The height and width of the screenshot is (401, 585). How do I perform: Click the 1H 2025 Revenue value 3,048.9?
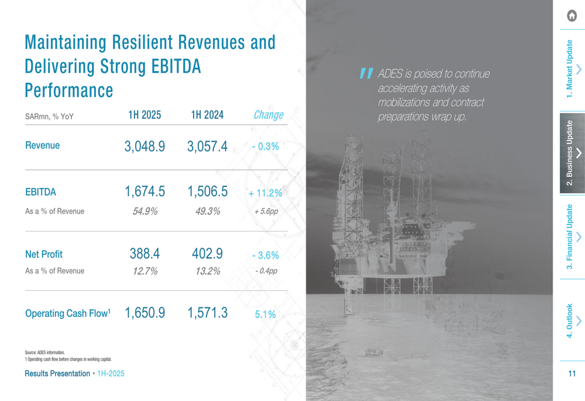click(144, 146)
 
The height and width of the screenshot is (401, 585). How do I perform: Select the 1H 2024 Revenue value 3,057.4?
click(207, 146)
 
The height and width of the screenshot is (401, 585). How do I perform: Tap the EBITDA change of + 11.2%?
click(265, 193)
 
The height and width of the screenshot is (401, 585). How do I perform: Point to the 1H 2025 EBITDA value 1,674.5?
click(144, 191)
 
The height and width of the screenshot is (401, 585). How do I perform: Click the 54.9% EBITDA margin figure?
click(144, 211)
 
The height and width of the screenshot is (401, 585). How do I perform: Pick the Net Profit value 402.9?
click(207, 253)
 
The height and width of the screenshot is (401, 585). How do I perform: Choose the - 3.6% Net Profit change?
click(265, 255)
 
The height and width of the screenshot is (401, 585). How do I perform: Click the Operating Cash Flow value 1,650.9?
click(144, 313)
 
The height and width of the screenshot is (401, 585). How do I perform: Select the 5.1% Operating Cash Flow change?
click(265, 314)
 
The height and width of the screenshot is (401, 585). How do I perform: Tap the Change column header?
click(268, 115)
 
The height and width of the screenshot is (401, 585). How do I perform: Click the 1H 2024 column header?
click(207, 115)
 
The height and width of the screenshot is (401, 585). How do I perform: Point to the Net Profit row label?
click(44, 254)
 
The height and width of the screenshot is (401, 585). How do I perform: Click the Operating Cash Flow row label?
click(67, 314)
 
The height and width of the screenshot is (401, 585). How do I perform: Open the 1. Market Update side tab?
click(570, 69)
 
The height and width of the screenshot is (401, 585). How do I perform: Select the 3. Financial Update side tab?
click(570, 237)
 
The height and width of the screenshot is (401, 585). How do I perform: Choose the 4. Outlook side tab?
click(570, 320)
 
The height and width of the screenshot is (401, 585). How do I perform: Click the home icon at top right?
click(572, 16)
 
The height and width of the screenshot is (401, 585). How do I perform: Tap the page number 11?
click(572, 373)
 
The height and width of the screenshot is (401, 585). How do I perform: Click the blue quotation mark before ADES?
click(366, 73)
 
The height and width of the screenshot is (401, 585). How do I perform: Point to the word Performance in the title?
click(69, 91)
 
